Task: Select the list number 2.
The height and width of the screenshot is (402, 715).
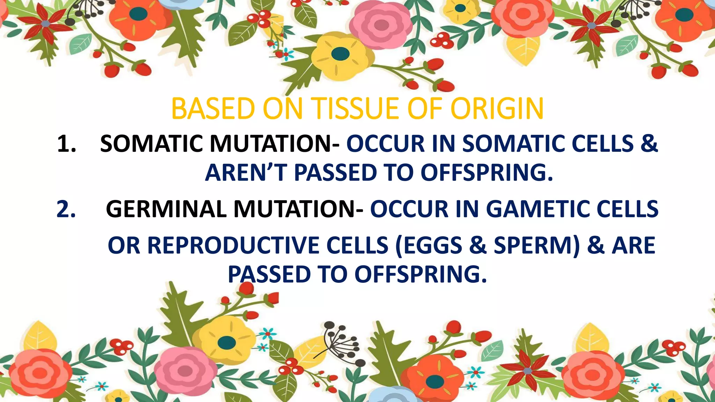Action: (x=66, y=209)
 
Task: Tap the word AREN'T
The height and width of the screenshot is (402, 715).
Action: (x=246, y=173)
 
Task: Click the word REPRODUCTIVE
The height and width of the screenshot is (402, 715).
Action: (x=233, y=245)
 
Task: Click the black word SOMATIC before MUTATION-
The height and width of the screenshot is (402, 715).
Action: (x=151, y=143)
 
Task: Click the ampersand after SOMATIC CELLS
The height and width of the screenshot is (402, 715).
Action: (x=649, y=143)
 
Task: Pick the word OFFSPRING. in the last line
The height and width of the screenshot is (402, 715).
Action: (x=420, y=274)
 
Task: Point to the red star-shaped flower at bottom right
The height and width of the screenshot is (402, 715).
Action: (x=527, y=370)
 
